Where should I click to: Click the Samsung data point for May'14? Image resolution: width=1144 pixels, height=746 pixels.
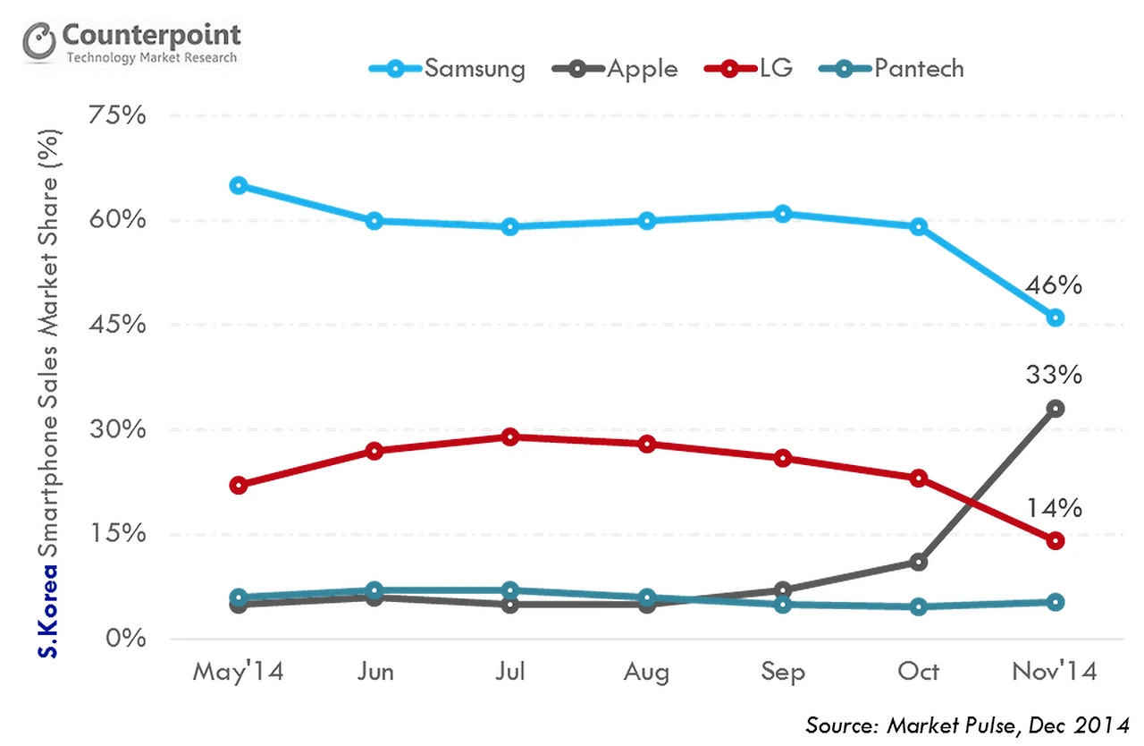[238, 186]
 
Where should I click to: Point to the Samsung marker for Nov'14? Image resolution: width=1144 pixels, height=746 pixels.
[1056, 318]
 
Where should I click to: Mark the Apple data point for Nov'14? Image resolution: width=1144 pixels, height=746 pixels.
[1056, 409]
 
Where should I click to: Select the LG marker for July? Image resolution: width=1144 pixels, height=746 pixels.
[510, 437]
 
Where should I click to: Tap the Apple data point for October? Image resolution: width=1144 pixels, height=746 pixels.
[919, 562]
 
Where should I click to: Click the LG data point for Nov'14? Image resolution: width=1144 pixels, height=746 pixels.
[1056, 540]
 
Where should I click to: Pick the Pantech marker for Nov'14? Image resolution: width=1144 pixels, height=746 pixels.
[1056, 602]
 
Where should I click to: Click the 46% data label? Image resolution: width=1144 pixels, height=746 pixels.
[1055, 286]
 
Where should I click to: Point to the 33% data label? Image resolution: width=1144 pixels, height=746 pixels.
[1055, 374]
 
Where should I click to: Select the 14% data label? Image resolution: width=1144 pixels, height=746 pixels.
[1055, 508]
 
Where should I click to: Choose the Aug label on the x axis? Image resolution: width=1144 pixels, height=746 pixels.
[646, 671]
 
